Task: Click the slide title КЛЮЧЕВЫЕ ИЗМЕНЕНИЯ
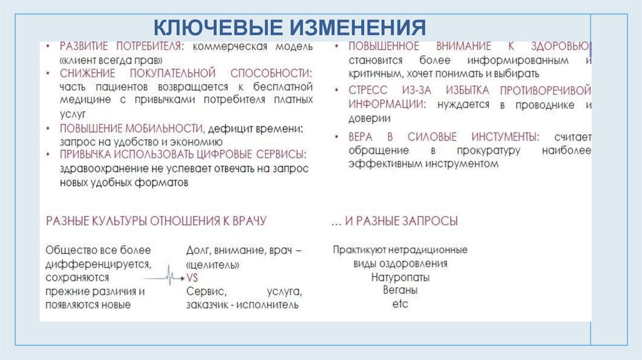(290, 28)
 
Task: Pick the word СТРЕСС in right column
(369, 90)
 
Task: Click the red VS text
(192, 277)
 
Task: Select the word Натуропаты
(400, 277)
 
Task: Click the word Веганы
(400, 290)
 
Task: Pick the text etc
(400, 304)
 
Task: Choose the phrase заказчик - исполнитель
(242, 305)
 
